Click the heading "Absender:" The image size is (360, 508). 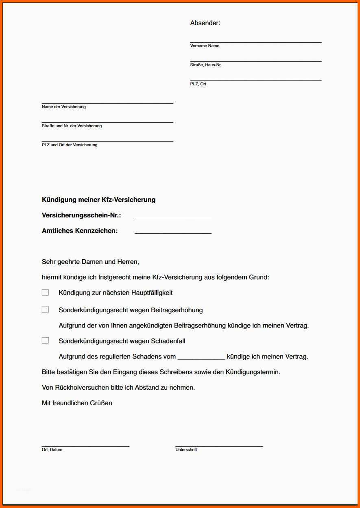point(205,23)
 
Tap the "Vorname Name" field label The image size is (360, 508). point(205,46)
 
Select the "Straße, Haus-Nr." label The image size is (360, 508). point(206,65)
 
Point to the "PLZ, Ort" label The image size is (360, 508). point(198,84)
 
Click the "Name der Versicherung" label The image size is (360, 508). point(63,107)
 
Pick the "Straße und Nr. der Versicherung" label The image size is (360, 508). point(72,126)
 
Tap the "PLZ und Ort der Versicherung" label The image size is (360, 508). point(70,145)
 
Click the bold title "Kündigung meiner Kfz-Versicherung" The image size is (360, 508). point(98,200)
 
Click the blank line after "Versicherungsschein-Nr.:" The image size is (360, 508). point(173,216)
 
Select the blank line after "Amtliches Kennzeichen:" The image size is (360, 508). point(173,231)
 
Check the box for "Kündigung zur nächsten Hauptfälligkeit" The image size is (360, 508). point(45,293)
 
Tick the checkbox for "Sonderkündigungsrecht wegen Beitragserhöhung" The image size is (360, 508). point(45,310)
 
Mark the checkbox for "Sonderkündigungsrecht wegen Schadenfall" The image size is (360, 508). point(45,341)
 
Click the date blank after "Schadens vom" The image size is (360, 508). point(201,357)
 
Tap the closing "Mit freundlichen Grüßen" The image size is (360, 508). point(77,403)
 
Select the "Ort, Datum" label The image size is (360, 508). point(52,450)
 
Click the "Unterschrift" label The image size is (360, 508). point(186,450)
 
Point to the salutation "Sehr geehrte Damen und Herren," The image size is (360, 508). point(90,262)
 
